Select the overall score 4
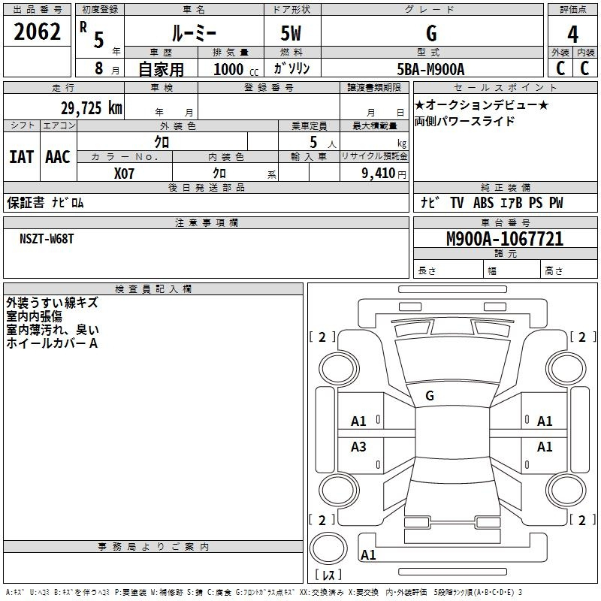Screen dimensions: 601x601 (x=572, y=34)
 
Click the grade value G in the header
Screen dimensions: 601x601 (x=431, y=34)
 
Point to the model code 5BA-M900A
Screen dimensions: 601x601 (x=431, y=69)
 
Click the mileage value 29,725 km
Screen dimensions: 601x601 (x=91, y=108)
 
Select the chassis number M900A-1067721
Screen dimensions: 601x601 (x=505, y=240)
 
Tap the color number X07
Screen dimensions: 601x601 (x=125, y=174)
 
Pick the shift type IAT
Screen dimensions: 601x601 (x=21, y=156)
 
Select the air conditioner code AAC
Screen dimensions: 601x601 (x=58, y=156)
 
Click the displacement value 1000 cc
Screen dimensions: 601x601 (x=234, y=69)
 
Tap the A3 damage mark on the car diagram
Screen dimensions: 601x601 (x=359, y=447)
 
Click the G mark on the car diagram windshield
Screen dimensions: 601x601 (x=430, y=395)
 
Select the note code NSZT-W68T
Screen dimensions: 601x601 (x=47, y=238)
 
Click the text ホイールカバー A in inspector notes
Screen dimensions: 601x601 (x=52, y=343)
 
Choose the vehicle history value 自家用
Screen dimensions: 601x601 (x=161, y=69)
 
